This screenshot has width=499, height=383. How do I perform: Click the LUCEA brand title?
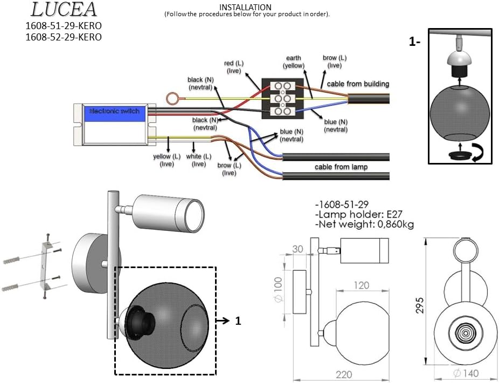(64, 9)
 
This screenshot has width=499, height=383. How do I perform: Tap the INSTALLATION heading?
(245, 7)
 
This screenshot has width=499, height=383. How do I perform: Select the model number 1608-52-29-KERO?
(64, 37)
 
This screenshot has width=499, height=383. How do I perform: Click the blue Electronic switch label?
(115, 111)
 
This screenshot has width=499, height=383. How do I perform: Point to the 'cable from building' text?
(358, 84)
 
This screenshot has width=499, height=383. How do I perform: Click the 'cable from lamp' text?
(341, 167)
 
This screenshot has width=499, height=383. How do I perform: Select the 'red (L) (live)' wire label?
(233, 67)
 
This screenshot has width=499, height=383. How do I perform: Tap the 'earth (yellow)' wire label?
(293, 61)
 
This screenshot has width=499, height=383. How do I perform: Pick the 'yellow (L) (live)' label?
(167, 160)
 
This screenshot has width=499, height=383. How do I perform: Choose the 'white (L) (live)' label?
(199, 160)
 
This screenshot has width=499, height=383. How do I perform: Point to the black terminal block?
(282, 99)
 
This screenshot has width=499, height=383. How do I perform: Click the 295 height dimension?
(420, 305)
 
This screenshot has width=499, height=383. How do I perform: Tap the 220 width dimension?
(344, 374)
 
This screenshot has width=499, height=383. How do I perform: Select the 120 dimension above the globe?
(362, 285)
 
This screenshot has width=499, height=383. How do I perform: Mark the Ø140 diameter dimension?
(466, 373)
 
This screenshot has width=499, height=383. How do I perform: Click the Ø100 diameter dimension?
(278, 290)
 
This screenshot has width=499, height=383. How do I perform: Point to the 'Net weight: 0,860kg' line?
(365, 224)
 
